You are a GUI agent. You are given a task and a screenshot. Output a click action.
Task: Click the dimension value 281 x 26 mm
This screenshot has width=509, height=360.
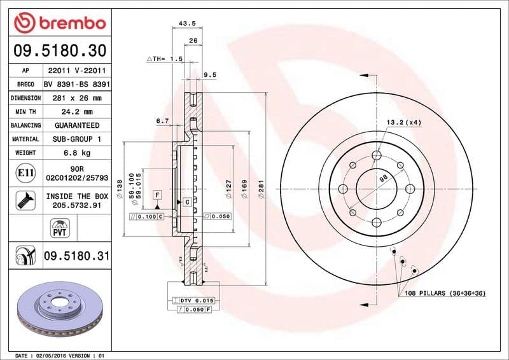(78, 98)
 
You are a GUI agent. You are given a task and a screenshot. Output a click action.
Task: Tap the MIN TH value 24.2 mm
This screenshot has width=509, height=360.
(78, 112)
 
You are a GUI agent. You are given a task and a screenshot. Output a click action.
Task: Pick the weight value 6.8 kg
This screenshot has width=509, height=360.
(78, 153)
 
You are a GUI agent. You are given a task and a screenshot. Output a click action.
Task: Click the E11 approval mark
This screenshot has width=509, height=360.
(25, 172)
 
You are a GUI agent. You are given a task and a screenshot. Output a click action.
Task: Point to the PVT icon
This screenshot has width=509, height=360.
(60, 227)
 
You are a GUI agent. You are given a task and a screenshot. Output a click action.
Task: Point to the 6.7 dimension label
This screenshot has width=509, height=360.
(162, 121)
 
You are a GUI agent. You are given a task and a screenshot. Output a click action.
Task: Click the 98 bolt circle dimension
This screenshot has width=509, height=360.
(383, 179)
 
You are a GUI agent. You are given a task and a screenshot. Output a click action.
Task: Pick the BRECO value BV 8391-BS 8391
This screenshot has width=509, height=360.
(78, 84)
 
